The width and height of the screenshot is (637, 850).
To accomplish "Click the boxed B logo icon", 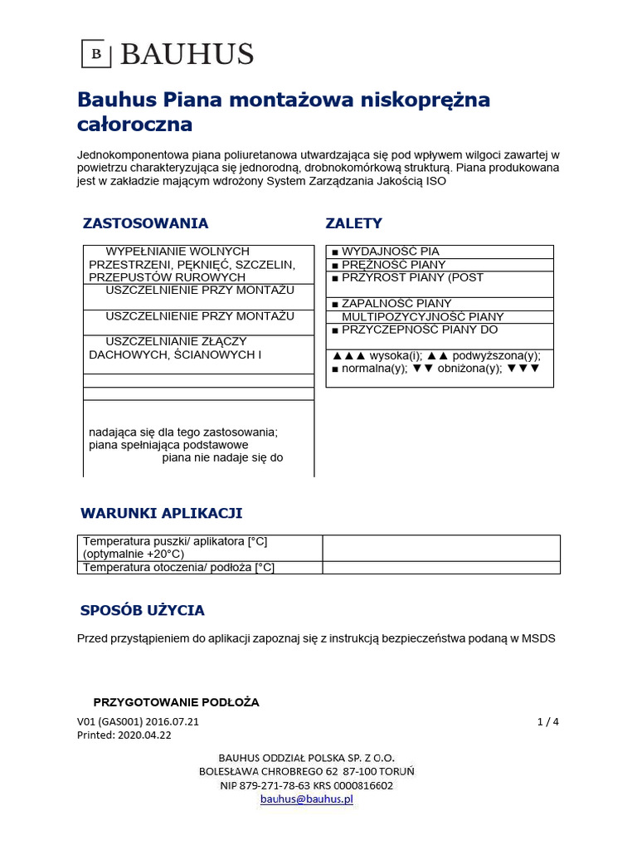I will [x=96, y=54].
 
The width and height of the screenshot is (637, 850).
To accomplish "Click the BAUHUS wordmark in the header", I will [x=187, y=54].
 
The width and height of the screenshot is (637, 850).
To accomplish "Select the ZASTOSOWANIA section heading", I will [x=145, y=223].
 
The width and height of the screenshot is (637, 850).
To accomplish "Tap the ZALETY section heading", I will [x=354, y=223].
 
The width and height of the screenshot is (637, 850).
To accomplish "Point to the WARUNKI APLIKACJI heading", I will [x=161, y=513].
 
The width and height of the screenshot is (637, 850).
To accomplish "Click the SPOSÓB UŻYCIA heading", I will [x=142, y=610].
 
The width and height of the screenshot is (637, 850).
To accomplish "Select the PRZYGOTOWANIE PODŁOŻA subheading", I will [x=176, y=702].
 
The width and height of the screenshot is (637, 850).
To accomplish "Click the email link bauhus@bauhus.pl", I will [x=307, y=799].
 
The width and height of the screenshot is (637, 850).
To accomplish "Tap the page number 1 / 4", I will [x=548, y=721].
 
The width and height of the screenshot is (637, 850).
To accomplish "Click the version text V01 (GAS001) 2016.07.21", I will [x=138, y=721].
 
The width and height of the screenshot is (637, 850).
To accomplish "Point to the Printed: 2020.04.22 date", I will [x=124, y=735].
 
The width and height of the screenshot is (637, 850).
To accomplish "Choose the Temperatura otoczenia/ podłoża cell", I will [x=178, y=568].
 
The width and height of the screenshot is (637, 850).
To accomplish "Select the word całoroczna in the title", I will [x=134, y=125].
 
